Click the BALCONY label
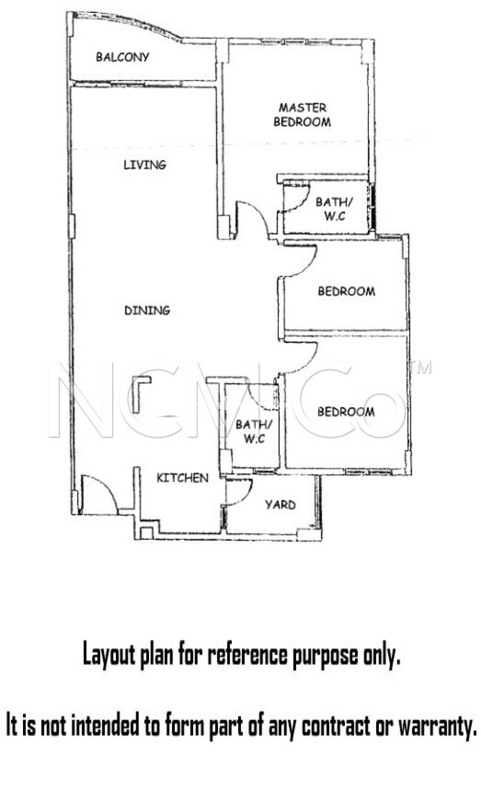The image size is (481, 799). pyautogui.click(x=122, y=57)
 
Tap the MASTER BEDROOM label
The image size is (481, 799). pyautogui.click(x=302, y=115)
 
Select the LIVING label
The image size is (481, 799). pyautogui.click(x=145, y=165)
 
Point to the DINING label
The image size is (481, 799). pyautogui.click(x=147, y=310)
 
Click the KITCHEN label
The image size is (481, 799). pyautogui.click(x=182, y=478)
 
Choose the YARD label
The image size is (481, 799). pyautogui.click(x=280, y=505)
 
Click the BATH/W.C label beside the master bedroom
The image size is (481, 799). pyautogui.click(x=334, y=209)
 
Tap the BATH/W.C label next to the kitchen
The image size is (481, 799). pyautogui.click(x=254, y=431)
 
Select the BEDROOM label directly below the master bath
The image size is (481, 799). pyautogui.click(x=346, y=291)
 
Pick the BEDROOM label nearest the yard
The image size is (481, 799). pyautogui.click(x=346, y=412)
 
